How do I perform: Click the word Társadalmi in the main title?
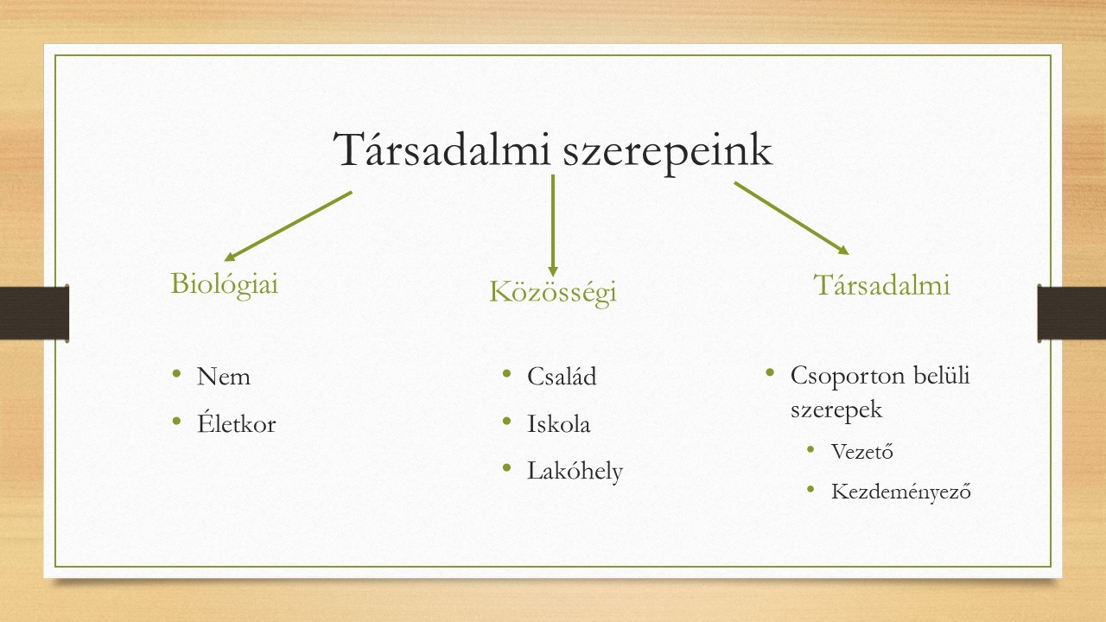[442, 149]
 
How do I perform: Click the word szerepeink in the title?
[668, 153]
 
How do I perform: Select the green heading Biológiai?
[225, 285]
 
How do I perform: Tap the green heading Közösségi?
[553, 292]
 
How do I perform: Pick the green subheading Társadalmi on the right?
[881, 284]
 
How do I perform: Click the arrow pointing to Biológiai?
[289, 226]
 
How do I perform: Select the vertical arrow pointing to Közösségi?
[553, 225]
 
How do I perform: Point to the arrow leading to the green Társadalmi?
[791, 219]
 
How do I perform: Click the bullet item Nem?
[223, 377]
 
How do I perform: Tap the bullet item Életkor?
[236, 422]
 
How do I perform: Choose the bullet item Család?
[562, 376]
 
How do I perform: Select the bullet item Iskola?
[558, 423]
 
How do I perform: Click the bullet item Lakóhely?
[575, 471]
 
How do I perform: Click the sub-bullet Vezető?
[862, 451]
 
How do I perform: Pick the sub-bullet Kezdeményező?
[901, 492]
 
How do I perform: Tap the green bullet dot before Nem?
[177, 373]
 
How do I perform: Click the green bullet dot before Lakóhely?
[506, 467]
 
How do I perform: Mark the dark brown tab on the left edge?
[35, 313]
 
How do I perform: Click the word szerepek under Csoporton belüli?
[836, 409]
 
